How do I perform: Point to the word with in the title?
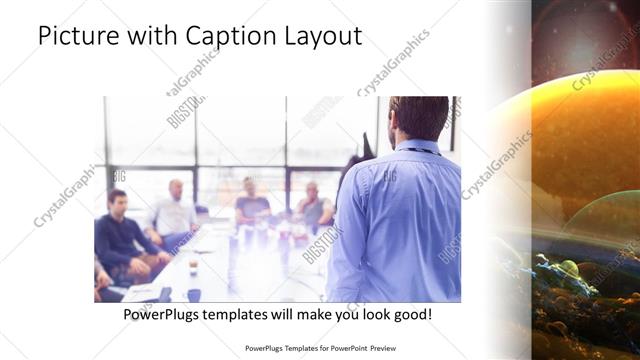148,36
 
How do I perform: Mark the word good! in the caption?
412,315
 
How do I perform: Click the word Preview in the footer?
381,349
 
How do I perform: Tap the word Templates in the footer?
287,349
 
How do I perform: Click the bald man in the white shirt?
175,212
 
